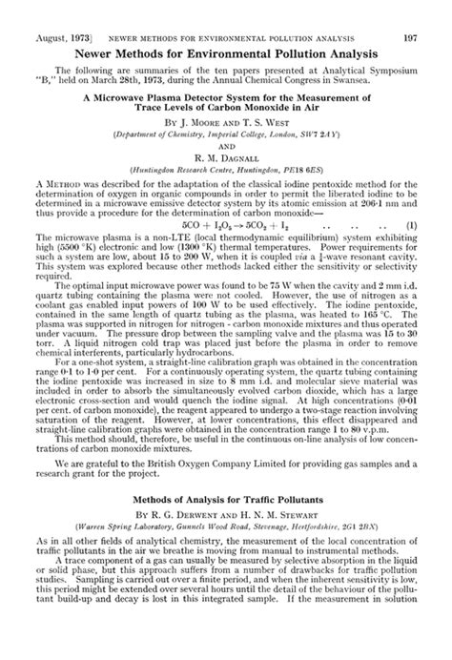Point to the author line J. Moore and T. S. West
tap(226, 124)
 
